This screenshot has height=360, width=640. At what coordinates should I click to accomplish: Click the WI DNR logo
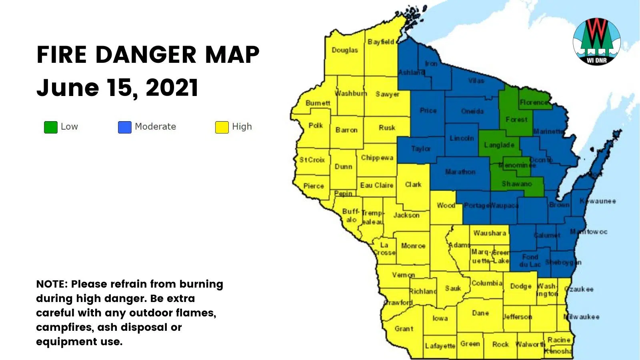[596, 41]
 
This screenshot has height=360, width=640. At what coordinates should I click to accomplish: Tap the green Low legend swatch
[51, 127]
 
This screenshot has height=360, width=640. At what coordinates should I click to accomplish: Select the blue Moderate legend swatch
[125, 127]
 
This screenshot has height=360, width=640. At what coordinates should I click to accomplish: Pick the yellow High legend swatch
[222, 127]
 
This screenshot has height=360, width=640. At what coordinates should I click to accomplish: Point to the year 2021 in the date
[172, 88]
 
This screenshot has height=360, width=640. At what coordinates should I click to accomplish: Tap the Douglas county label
[345, 50]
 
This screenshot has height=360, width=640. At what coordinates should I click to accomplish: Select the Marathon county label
[460, 172]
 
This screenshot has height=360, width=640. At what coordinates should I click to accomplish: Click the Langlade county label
[499, 145]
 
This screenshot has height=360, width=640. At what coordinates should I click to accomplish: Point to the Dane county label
[480, 313]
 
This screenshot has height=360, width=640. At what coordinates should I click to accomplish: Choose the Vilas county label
[476, 80]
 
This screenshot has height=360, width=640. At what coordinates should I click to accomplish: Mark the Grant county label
[404, 328]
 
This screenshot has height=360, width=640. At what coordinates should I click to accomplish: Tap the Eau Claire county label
[376, 185]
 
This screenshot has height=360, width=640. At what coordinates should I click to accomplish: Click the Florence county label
[534, 102]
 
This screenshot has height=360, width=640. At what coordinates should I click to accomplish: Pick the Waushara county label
[490, 233]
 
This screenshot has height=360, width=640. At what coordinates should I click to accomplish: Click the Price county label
[428, 110]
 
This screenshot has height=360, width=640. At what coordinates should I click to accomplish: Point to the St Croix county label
[312, 160]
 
